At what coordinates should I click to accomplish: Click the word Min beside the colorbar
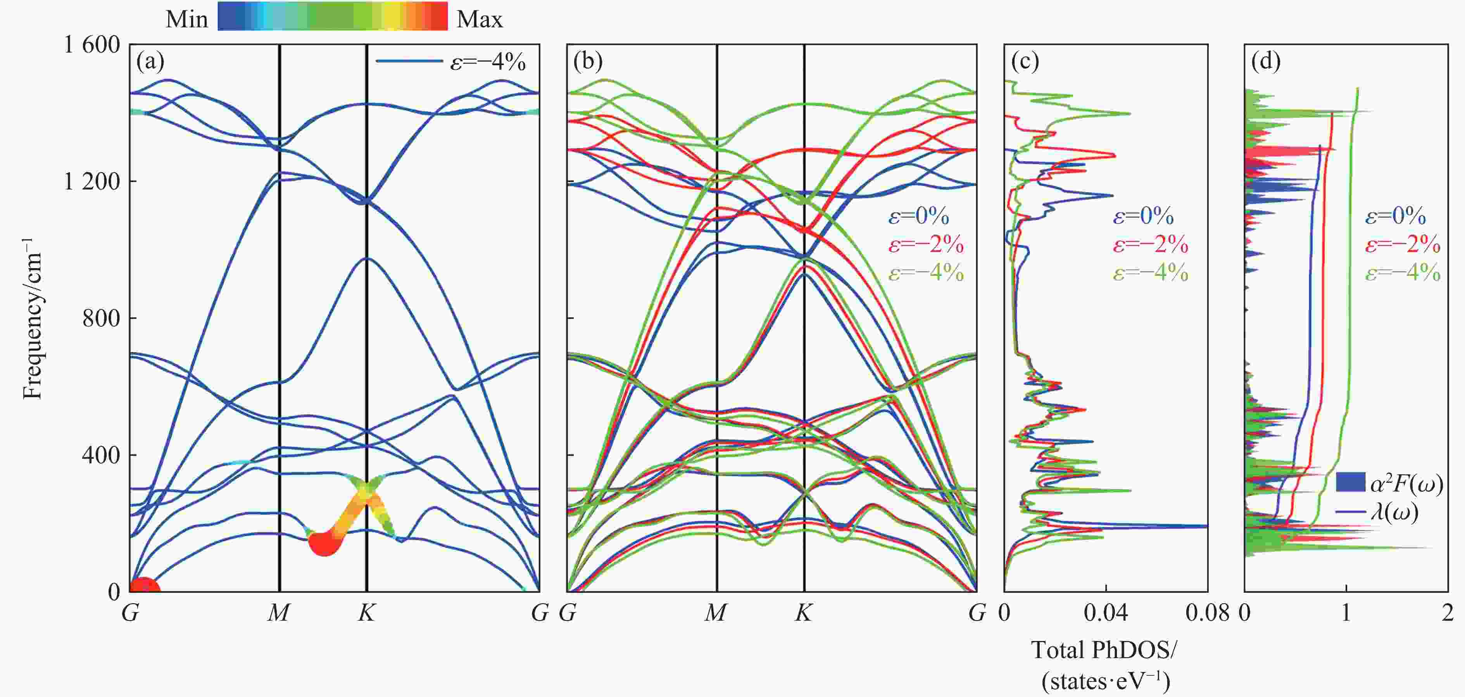tap(186, 20)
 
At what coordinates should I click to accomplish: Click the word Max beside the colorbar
tap(480, 20)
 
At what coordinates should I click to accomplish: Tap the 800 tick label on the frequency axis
tap(101, 318)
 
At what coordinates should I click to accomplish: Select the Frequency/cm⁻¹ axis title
tap(33, 318)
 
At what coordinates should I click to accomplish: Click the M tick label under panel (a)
tap(279, 612)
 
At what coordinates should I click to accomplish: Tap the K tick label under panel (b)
tap(803, 612)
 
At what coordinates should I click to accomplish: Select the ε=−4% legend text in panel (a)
tap(488, 61)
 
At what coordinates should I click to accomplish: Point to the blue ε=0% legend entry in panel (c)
tap(1144, 216)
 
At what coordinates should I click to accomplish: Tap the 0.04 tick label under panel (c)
tap(1106, 612)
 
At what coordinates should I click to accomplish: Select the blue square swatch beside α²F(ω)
tap(1350, 482)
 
